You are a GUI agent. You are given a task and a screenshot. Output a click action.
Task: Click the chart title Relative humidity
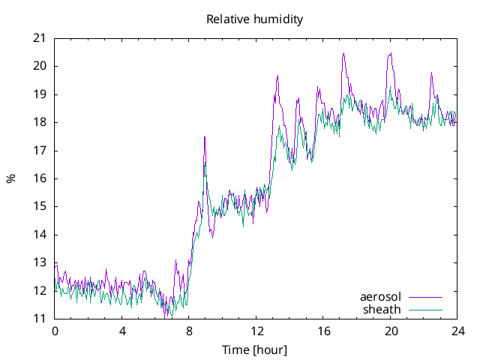(255, 19)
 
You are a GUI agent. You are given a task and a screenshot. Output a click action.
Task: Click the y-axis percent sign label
(11, 178)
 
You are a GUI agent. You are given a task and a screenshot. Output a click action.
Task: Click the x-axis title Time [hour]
(255, 350)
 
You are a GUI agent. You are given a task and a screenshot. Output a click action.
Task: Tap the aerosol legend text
(381, 297)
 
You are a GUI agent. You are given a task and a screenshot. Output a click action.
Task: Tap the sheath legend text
(382, 309)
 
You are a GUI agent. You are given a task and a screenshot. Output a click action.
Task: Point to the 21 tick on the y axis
(39, 38)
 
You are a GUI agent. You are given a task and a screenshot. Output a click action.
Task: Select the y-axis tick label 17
(39, 151)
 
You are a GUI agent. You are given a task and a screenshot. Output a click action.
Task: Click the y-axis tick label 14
(39, 235)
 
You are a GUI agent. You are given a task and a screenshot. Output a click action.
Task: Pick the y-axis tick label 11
(39, 319)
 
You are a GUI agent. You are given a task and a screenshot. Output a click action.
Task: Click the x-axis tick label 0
(55, 331)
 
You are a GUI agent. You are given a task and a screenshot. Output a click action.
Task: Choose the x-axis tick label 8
(189, 331)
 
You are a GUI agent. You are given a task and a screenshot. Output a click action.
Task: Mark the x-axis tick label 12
(256, 331)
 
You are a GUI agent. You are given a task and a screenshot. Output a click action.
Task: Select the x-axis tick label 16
(323, 331)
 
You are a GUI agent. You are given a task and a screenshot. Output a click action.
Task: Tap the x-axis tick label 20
(391, 331)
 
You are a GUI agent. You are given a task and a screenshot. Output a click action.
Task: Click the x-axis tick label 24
(457, 331)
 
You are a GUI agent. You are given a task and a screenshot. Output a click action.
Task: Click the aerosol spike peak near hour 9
(205, 137)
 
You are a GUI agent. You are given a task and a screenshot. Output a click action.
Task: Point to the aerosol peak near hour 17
(343, 53)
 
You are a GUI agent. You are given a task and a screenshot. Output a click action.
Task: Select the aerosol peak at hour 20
(391, 53)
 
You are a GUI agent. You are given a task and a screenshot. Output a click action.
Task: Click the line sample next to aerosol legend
(425, 297)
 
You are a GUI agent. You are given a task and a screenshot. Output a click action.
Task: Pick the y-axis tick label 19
(39, 94)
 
